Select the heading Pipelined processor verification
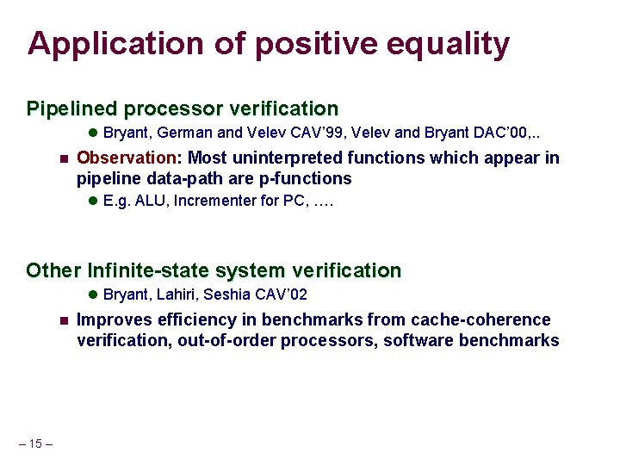coord(183,108)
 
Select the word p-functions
coord(299,178)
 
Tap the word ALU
coord(144,201)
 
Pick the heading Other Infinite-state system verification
coord(214,270)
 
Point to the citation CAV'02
coord(280,294)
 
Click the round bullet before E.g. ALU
coord(93,201)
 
